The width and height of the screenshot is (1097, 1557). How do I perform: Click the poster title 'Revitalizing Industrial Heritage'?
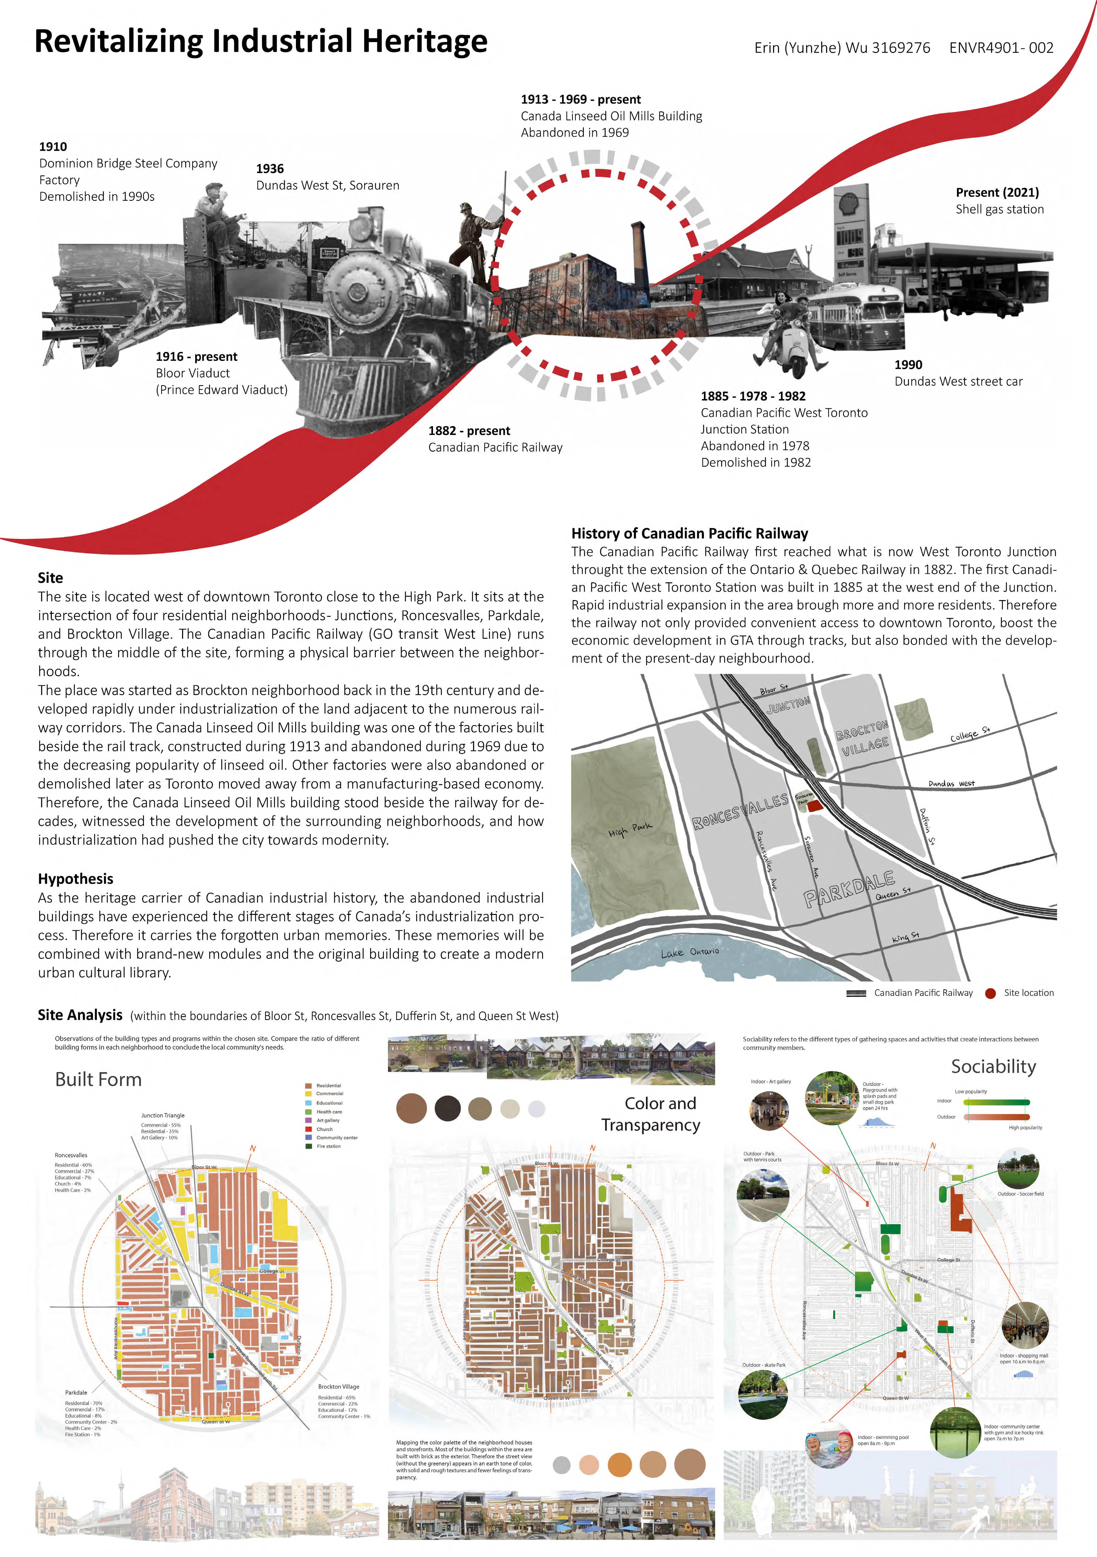[x=260, y=41]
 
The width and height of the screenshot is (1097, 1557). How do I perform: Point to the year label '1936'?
[x=269, y=169]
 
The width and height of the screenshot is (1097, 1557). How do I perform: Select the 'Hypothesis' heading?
[x=75, y=879]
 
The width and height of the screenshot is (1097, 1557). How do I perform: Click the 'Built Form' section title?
[x=98, y=1080]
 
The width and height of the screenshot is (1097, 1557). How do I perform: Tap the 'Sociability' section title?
[x=993, y=1067]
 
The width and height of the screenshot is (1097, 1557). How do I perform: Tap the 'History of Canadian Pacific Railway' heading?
[x=689, y=534]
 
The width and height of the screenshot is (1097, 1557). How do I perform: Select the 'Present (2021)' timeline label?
[x=997, y=193]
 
